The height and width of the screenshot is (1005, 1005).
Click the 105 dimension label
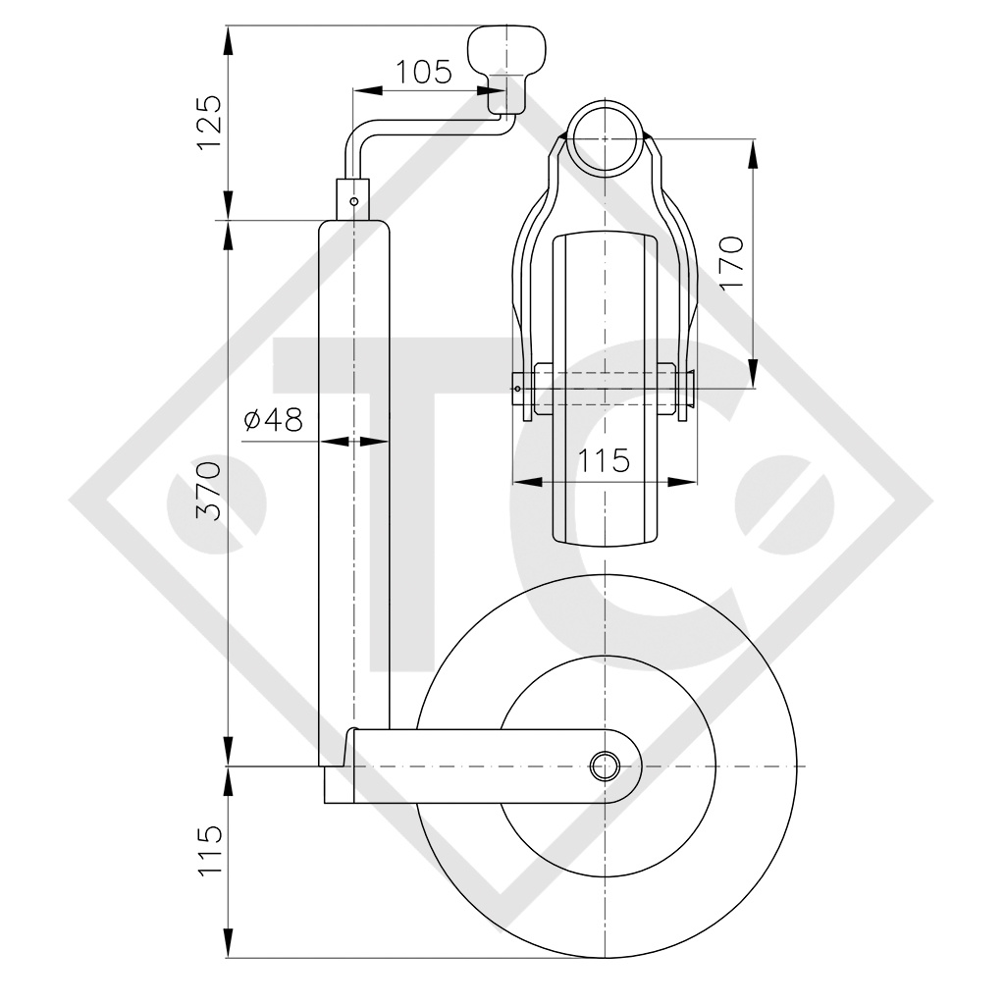(423, 72)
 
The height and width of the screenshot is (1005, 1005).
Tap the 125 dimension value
(209, 123)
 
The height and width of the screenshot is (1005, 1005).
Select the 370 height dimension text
(209, 491)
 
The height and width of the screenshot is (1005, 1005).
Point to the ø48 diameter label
(273, 420)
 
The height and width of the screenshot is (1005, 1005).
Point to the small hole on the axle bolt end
(515, 389)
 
